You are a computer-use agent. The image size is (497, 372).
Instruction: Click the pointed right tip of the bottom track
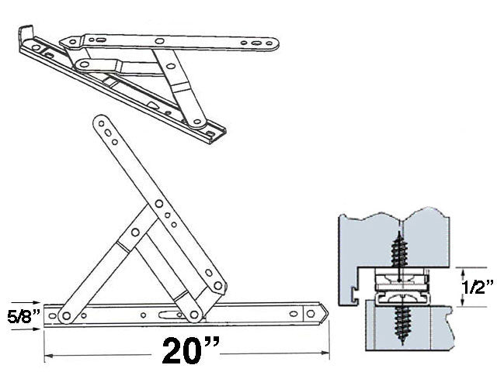(x=327, y=313)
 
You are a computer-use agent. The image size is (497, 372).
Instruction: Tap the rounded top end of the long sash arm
(x=99, y=122)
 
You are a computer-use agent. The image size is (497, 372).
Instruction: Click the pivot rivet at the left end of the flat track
(x=65, y=315)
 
